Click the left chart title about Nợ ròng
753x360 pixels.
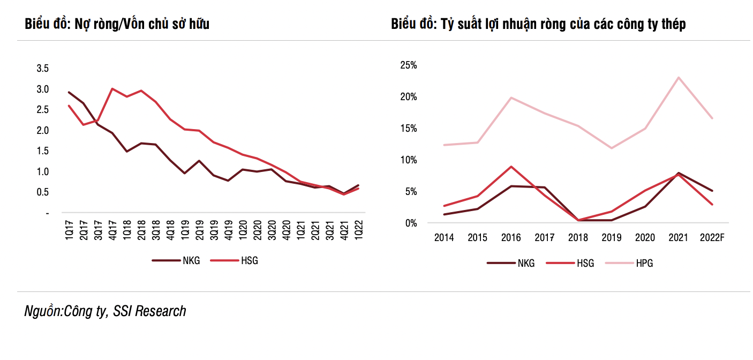(x=117, y=24)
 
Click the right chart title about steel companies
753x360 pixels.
(x=538, y=24)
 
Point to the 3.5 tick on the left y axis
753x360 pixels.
(x=42, y=69)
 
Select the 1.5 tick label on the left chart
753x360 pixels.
(x=42, y=151)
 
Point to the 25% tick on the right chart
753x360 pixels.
(x=409, y=65)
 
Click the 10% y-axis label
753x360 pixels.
(x=409, y=160)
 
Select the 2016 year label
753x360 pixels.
(x=511, y=237)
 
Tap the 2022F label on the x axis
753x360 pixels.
(x=712, y=237)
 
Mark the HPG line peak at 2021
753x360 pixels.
(x=679, y=77)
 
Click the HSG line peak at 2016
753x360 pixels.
(x=511, y=167)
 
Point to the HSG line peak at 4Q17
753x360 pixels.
(x=112, y=89)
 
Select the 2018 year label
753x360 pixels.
(x=578, y=237)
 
